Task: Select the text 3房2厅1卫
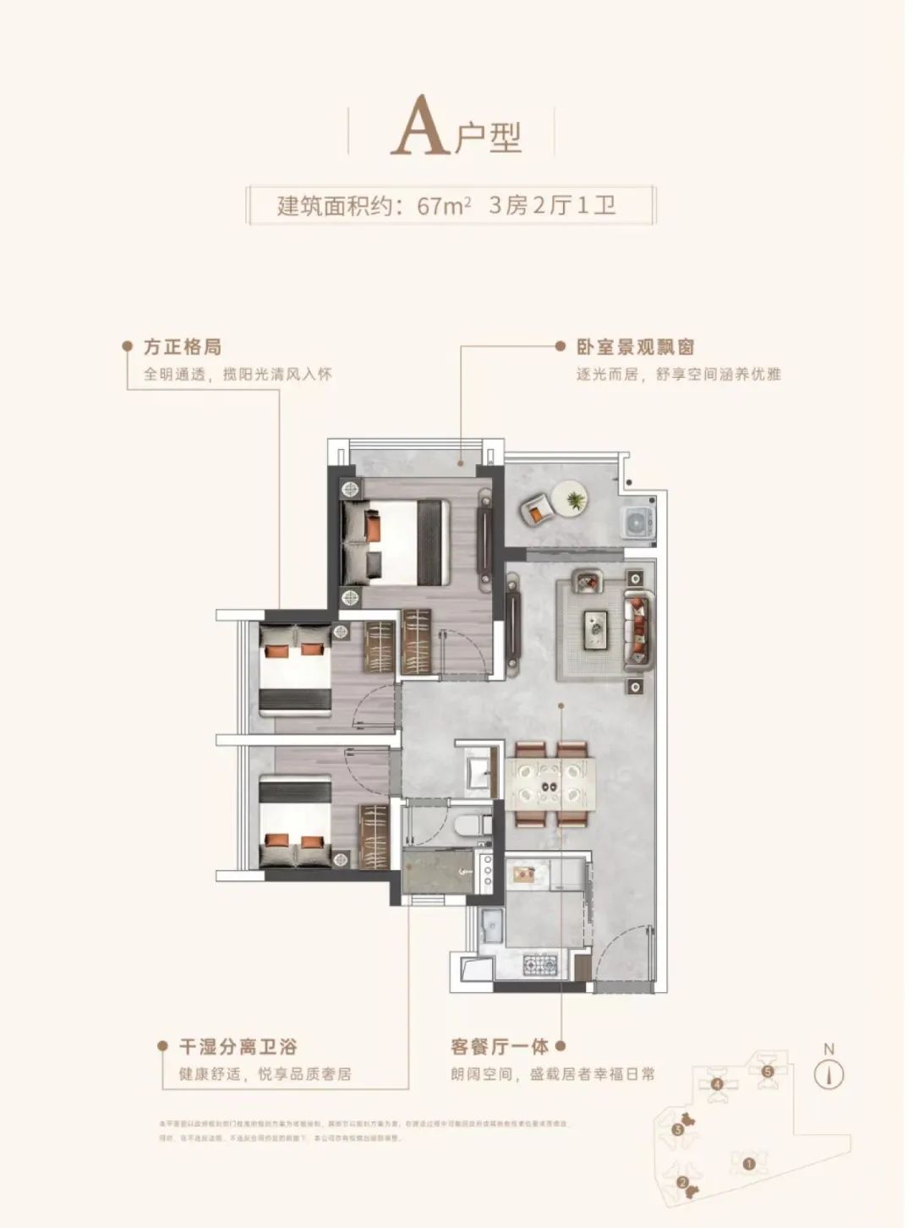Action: pyautogui.click(x=552, y=206)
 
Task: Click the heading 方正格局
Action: pyautogui.click(x=183, y=347)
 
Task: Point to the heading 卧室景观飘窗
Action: pyautogui.click(x=635, y=347)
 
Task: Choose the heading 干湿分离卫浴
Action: pyautogui.click(x=238, y=1047)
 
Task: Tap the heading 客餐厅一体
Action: pyautogui.click(x=500, y=1047)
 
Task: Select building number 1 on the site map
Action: pyautogui.click(x=748, y=1163)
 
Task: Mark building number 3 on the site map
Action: pyautogui.click(x=678, y=1129)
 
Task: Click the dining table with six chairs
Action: pyautogui.click(x=549, y=785)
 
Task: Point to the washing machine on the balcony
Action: pyautogui.click(x=637, y=522)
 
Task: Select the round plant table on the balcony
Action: pyautogui.click(x=571, y=496)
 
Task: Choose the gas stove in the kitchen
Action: pyautogui.click(x=539, y=962)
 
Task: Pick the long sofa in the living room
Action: pyautogui.click(x=637, y=628)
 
